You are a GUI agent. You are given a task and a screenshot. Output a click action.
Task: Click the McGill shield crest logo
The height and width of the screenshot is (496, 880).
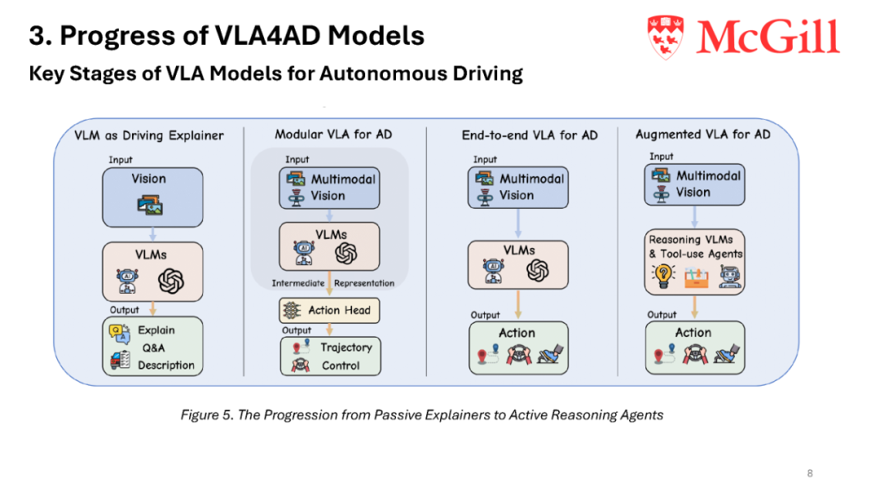click(x=666, y=37)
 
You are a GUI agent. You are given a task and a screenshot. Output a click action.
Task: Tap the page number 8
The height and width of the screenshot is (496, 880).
click(x=810, y=473)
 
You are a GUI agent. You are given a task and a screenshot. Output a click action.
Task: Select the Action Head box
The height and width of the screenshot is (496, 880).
click(x=329, y=310)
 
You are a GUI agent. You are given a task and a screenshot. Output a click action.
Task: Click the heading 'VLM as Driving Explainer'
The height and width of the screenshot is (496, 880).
click(x=149, y=135)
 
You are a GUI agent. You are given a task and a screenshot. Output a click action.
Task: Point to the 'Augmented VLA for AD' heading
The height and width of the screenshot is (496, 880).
click(x=702, y=135)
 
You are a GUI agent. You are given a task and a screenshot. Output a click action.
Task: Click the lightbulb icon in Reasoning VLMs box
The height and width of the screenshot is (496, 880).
click(x=662, y=275)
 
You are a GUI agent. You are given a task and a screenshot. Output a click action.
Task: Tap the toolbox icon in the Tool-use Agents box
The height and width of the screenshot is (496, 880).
click(x=696, y=277)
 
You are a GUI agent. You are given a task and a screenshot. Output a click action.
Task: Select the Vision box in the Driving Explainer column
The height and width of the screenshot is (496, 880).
click(x=152, y=197)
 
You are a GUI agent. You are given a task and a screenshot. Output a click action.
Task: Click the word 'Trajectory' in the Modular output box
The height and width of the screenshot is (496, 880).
click(x=346, y=348)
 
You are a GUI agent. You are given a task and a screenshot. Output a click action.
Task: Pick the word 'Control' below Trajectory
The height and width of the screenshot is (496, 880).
click(x=341, y=365)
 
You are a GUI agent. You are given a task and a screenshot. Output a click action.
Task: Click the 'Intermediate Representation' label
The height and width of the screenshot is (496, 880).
click(x=332, y=283)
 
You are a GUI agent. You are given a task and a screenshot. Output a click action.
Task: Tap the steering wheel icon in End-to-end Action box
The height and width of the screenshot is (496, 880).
click(x=518, y=354)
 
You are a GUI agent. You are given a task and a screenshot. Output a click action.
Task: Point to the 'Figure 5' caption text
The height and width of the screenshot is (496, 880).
click(x=421, y=414)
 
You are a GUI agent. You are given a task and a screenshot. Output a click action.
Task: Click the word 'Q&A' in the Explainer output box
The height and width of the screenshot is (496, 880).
click(x=153, y=348)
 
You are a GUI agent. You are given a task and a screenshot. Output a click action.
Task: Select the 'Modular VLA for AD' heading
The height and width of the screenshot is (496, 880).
click(x=333, y=135)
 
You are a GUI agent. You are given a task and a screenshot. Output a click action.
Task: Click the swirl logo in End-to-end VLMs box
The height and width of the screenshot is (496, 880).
click(x=537, y=271)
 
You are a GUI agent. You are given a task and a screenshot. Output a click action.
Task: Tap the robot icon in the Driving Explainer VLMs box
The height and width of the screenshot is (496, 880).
click(x=127, y=281)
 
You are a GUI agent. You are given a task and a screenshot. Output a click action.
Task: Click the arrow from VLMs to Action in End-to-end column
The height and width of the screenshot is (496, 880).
click(x=518, y=305)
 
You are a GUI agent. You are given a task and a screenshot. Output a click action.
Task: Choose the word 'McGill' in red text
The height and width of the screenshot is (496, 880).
click(x=768, y=37)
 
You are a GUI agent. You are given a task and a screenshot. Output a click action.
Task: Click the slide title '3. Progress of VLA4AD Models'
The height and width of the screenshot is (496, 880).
click(x=227, y=35)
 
